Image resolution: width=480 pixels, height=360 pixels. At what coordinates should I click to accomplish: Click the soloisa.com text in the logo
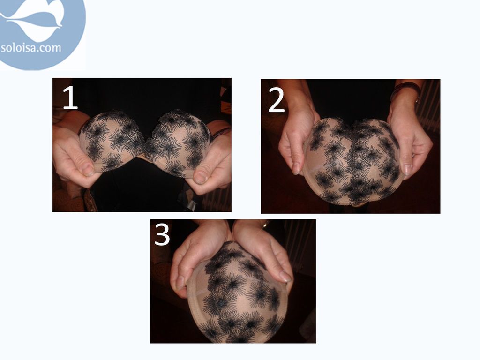pos(31,48)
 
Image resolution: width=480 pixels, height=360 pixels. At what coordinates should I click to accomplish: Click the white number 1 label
pos(70,97)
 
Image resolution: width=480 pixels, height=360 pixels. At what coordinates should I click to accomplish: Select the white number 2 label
pos(277,100)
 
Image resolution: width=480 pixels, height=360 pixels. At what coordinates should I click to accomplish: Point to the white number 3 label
pos(162,234)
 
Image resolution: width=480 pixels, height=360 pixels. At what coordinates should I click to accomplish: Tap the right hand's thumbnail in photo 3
pos(285,277)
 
